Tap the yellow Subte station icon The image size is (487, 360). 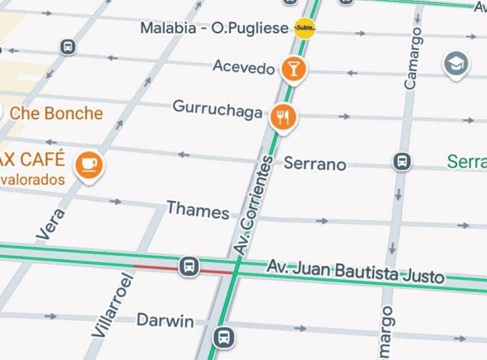click(x=305, y=28)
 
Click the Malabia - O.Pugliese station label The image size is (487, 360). click(x=214, y=28)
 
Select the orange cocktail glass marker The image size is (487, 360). click(x=294, y=68)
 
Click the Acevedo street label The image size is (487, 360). click(x=243, y=66)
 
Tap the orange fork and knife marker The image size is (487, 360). click(x=283, y=118)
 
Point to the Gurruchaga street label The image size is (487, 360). click(x=217, y=108)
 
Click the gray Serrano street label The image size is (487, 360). click(x=315, y=164)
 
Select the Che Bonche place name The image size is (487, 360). click(x=56, y=113)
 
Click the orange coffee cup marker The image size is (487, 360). click(x=89, y=164)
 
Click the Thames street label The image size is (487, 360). click(x=198, y=210)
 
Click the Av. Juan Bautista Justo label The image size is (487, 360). click(x=355, y=271)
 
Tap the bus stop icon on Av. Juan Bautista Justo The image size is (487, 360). click(x=189, y=266)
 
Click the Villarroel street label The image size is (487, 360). click(x=108, y=305)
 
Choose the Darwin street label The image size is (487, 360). click(x=165, y=320)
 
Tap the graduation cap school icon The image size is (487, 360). click(x=456, y=65)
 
